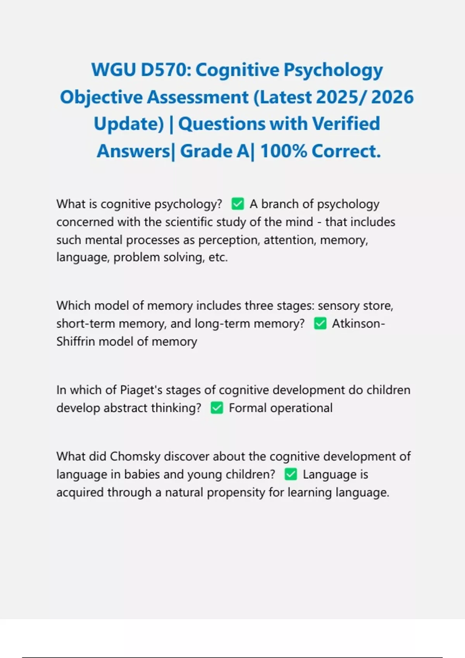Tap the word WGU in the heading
click(x=114, y=70)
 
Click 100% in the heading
click(x=284, y=151)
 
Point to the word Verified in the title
click(x=346, y=124)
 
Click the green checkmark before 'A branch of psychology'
click(x=238, y=204)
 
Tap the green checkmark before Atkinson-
click(x=320, y=323)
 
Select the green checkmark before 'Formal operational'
click(x=217, y=408)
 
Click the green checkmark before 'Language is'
click(x=291, y=474)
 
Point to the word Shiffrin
click(x=76, y=341)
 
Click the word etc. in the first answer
click(x=218, y=257)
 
